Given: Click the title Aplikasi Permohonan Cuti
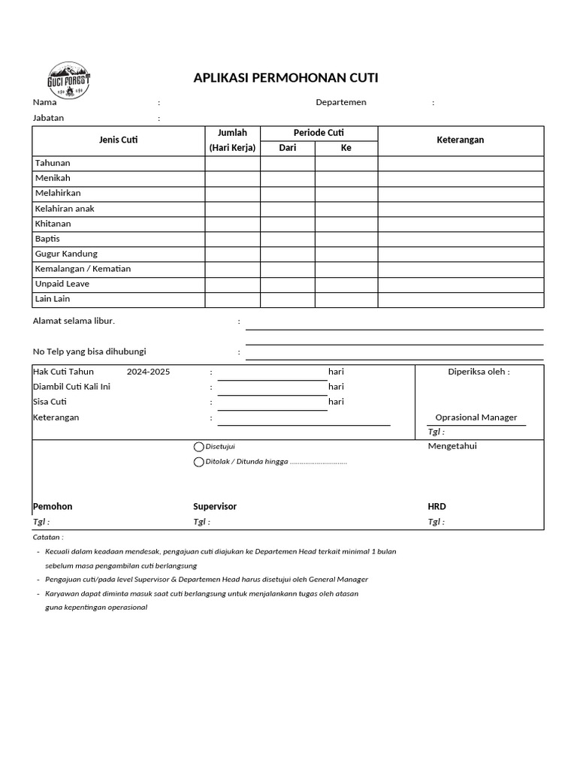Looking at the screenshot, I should coord(285,78).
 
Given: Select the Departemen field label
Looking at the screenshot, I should coord(341,103).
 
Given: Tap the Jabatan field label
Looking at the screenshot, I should coord(48,118).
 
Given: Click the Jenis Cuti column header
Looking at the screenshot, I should coord(118,140).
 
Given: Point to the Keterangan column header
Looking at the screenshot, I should coord(460,140).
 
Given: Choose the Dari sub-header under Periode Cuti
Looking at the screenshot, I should coord(287,148).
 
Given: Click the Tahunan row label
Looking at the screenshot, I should coord(52,163).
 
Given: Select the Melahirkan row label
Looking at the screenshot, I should coord(58,193).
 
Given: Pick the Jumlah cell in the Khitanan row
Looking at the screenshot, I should coord(232,224).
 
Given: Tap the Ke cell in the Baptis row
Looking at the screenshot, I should coord(346,239).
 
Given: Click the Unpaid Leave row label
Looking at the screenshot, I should coord(62,284).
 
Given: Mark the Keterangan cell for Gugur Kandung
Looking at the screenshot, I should coord(460,254).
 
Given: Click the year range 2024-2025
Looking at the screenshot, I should coord(148,372).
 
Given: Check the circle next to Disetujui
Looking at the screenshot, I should coord(199,447).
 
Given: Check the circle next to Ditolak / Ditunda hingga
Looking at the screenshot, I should coord(199,462).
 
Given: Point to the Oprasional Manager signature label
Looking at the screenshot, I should coord(476,418).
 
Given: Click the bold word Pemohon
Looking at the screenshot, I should coord(53,507).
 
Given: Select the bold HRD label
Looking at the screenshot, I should coord(437,507).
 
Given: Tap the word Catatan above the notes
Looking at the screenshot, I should coord(48,538).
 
